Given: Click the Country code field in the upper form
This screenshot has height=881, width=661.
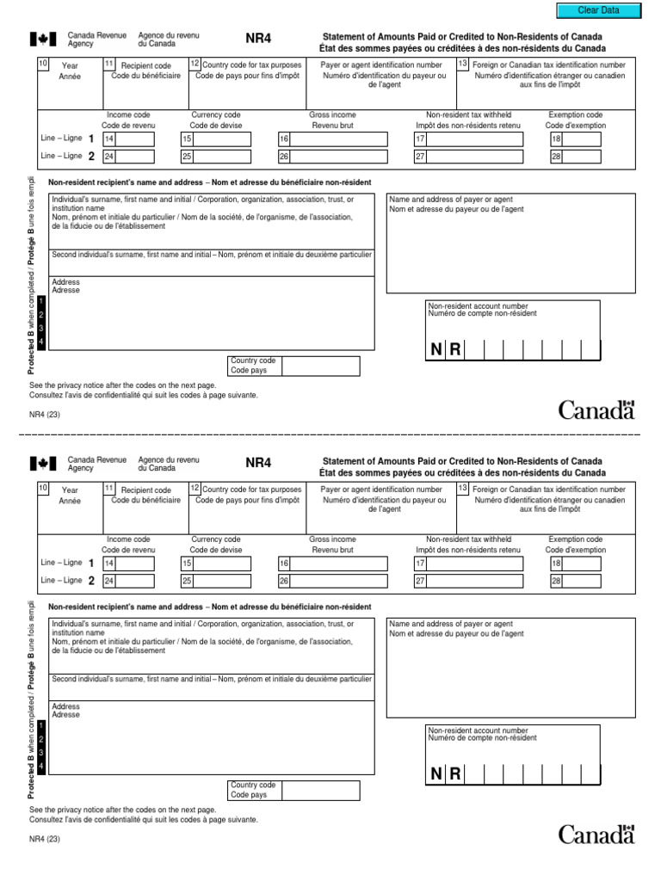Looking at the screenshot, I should pos(320,366).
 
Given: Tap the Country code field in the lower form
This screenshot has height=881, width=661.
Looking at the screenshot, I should pos(320,790).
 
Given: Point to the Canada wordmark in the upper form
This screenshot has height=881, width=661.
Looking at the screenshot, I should pos(596,410).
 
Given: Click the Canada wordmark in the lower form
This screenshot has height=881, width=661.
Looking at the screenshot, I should pos(596,834).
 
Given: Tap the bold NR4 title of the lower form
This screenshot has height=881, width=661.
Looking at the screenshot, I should pos(258,463).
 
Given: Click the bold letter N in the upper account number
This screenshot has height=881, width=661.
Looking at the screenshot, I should pos(436,349).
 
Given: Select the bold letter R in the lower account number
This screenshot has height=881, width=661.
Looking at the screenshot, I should pos(454,774).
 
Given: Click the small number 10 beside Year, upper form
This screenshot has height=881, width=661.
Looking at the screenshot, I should pos(42,64).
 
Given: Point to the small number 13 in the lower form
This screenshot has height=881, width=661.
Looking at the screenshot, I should pos(463,488).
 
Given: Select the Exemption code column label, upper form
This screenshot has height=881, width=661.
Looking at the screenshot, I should pos(576,114).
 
